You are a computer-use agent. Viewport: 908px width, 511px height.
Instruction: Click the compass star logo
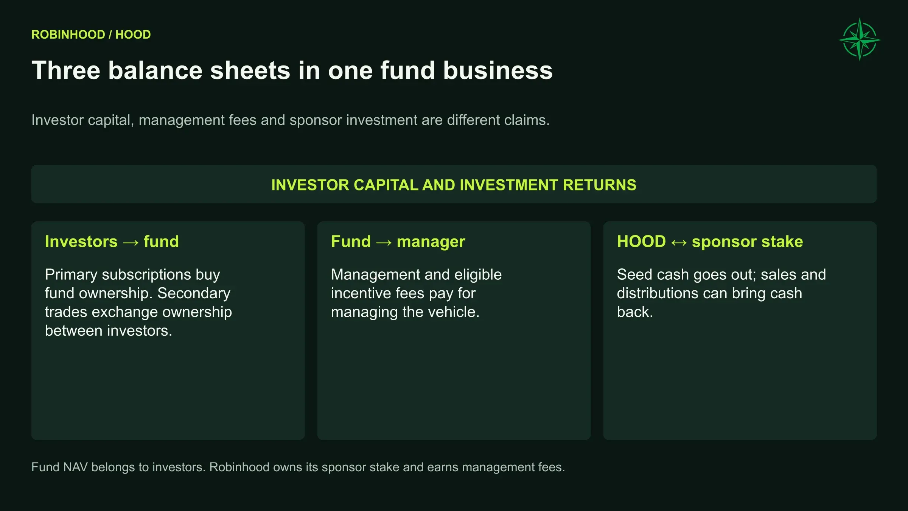(860, 39)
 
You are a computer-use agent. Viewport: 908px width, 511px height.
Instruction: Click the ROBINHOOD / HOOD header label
(91, 34)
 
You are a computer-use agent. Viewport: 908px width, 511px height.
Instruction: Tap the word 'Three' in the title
(66, 70)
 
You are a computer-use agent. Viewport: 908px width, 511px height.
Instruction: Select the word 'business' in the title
(498, 70)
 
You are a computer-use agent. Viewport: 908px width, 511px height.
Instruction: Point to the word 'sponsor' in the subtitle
(316, 120)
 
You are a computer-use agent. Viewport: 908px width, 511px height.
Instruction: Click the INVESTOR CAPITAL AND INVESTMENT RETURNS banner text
(454, 185)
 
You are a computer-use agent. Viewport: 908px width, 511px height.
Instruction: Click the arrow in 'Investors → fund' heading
(131, 242)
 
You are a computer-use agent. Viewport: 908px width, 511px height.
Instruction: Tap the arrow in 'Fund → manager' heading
(384, 242)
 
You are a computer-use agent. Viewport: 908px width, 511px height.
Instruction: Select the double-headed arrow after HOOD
(679, 242)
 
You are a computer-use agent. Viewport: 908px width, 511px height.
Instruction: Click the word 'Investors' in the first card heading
(81, 241)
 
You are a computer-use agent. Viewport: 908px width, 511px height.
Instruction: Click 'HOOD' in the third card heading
(642, 241)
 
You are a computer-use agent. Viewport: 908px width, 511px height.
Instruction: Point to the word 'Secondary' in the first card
(194, 294)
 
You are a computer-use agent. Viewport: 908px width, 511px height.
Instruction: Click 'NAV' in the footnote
(75, 467)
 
